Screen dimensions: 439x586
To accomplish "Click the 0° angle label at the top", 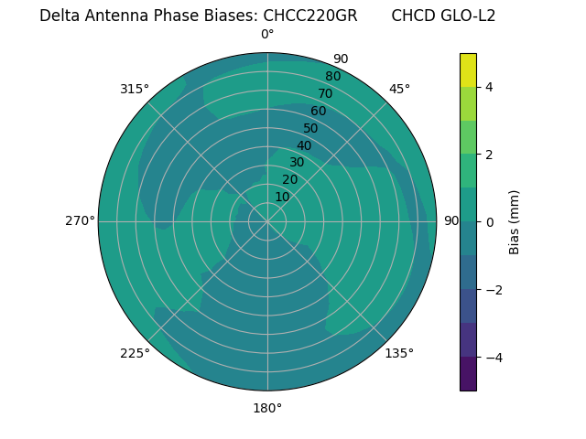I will tap(267, 35).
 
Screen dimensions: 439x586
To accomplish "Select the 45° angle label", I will tap(399, 89).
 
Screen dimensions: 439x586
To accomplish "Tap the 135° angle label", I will tap(399, 353).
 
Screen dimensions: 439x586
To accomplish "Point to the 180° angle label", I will tap(267, 408).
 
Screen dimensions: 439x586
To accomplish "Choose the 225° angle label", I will tap(135, 353).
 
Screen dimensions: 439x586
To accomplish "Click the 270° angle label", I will tap(80, 220).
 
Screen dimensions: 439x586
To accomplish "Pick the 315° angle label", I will tap(135, 89).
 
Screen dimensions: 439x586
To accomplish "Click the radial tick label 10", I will tap(282, 197).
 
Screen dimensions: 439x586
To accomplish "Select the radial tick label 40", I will tap(304, 145).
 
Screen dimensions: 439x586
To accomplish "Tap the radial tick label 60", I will tap(318, 112).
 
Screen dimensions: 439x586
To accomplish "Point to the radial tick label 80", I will tap(332, 76).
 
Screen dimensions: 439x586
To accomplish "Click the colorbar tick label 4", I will tap(490, 87).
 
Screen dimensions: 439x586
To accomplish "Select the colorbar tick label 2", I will tap(490, 155).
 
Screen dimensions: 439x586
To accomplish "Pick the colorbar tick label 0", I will tap(490, 222).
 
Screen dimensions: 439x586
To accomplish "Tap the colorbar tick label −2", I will tap(494, 290).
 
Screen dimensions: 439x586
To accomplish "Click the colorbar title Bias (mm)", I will tap(515, 222).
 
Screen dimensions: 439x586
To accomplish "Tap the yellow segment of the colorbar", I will tap(468, 70).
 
